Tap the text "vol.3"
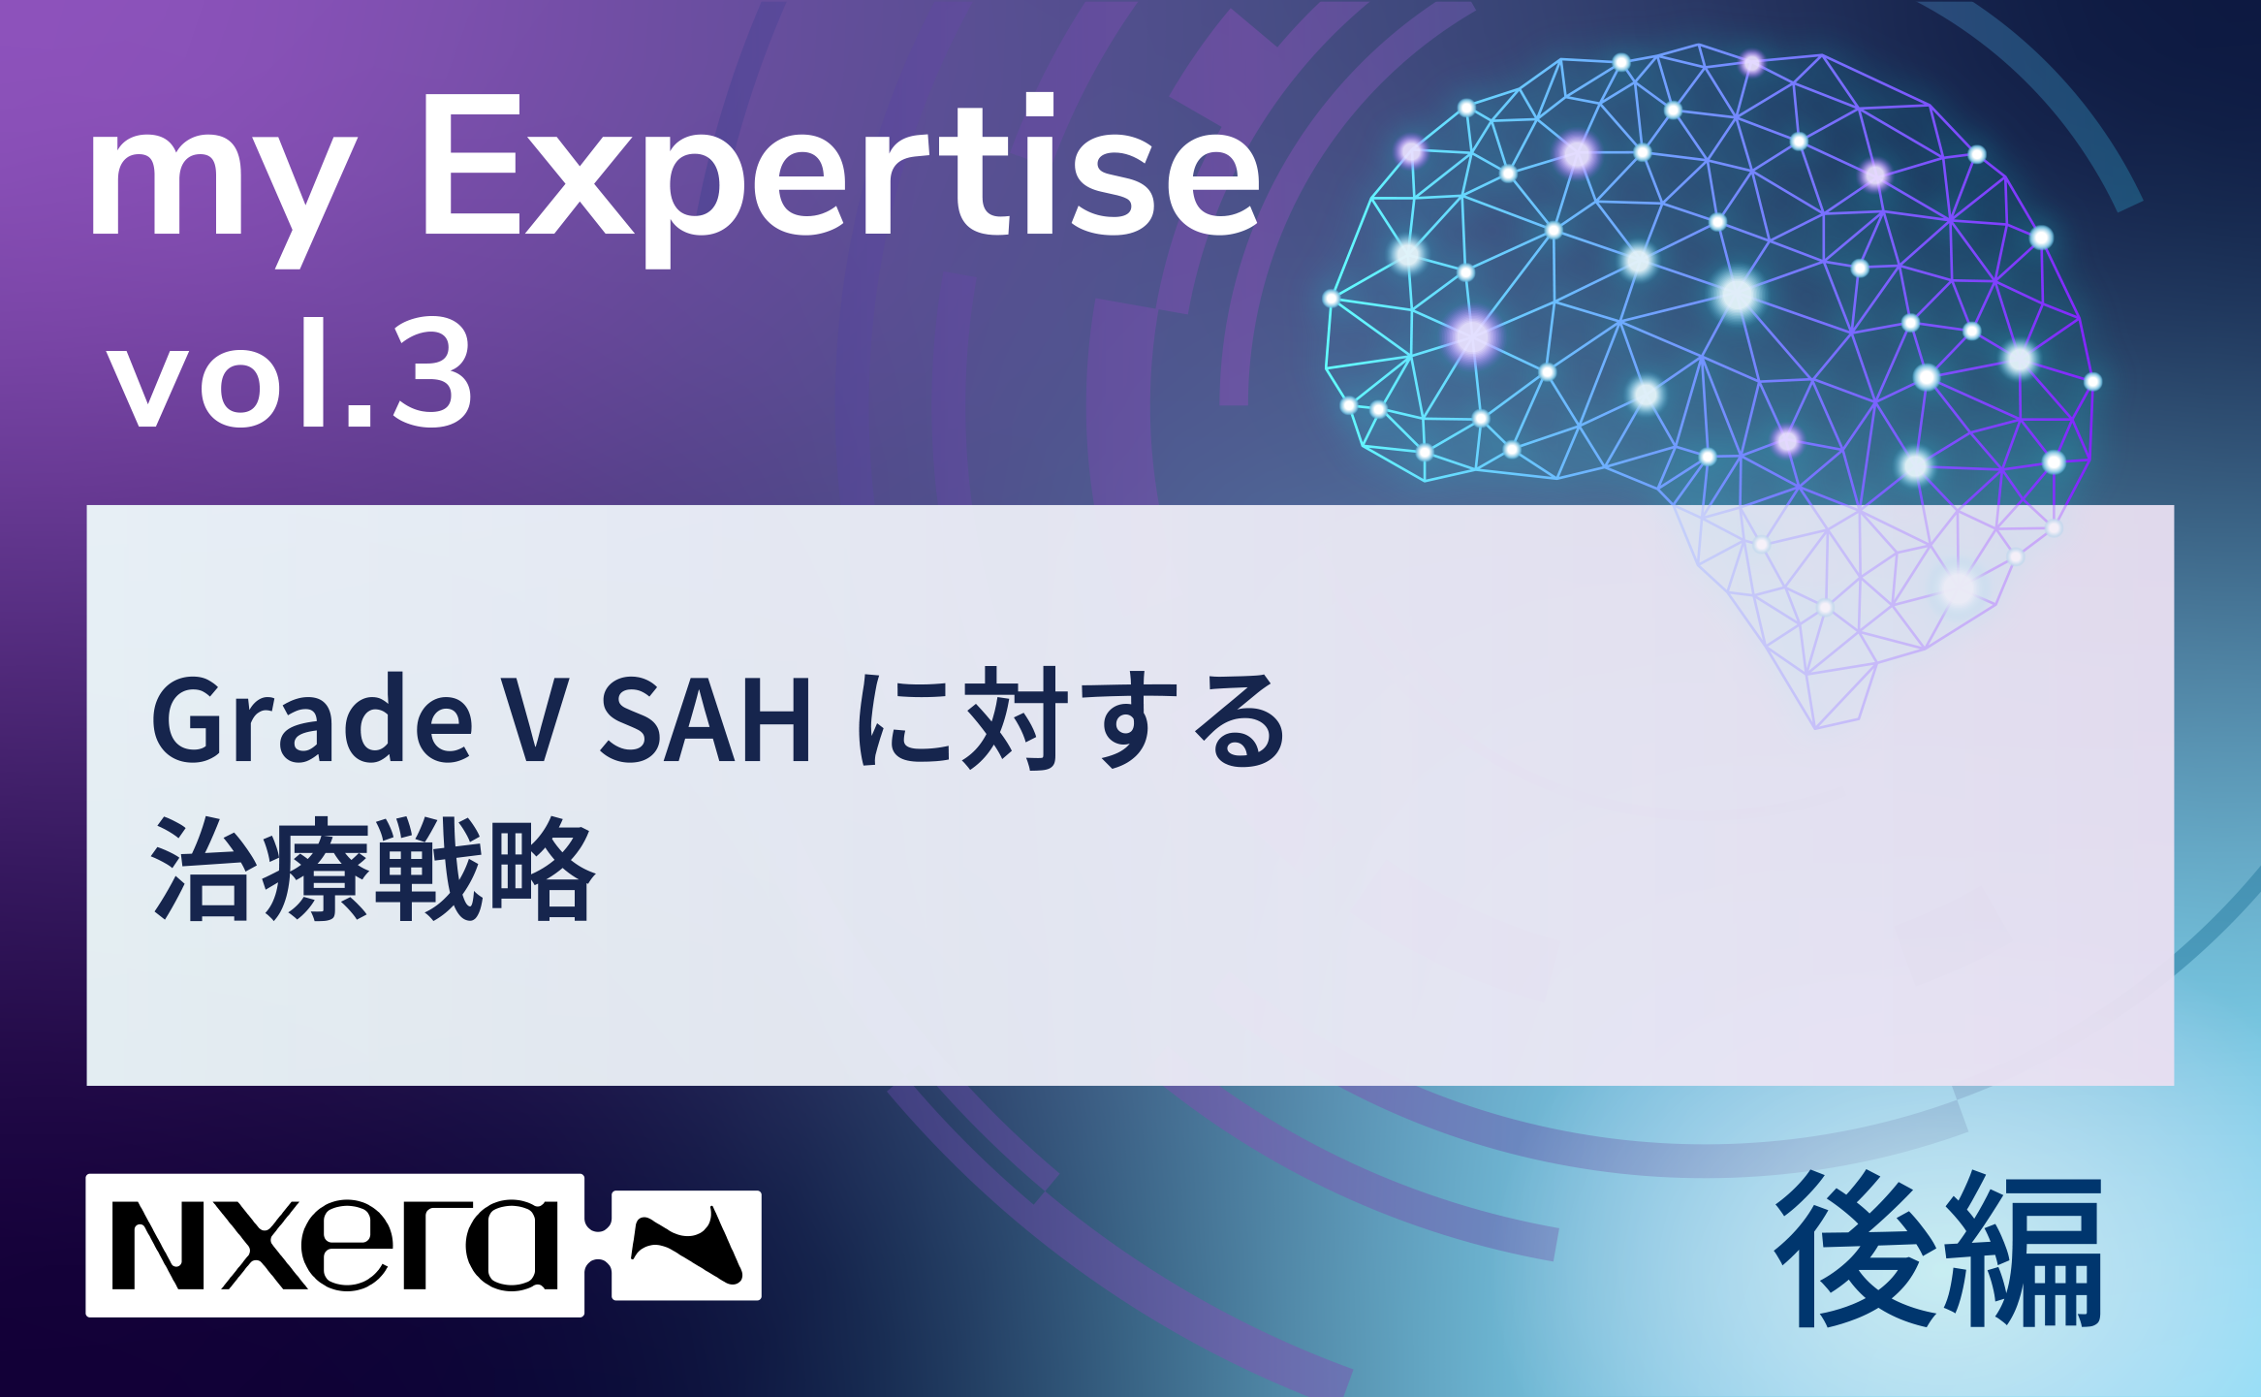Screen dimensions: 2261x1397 coord(291,373)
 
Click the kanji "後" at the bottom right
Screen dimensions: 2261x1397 coord(1853,1250)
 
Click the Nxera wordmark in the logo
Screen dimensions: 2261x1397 coord(335,1246)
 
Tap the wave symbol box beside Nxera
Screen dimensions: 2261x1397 coord(686,1246)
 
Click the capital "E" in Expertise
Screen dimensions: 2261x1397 coord(471,165)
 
